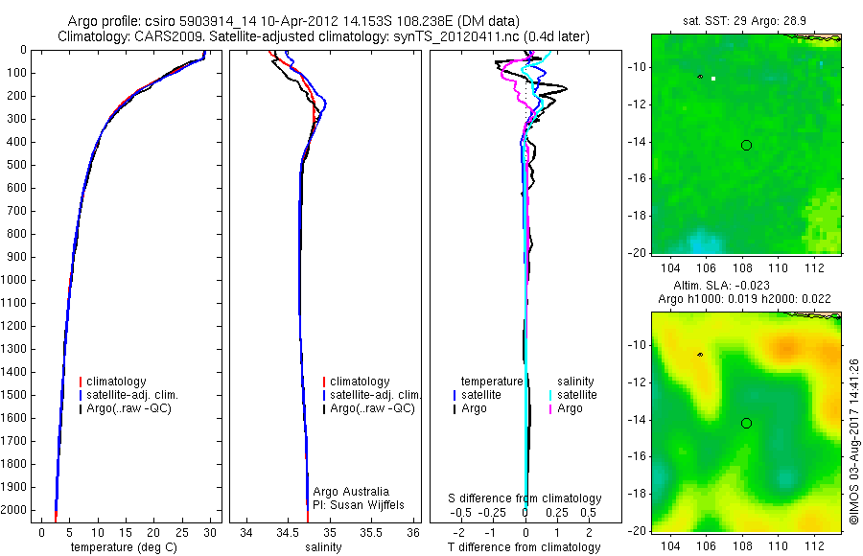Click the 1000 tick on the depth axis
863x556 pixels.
19,280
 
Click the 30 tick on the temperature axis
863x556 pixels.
210,532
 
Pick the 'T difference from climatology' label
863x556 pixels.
525,547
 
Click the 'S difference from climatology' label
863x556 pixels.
525,498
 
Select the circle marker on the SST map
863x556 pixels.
746,145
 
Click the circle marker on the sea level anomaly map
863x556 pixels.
746,423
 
